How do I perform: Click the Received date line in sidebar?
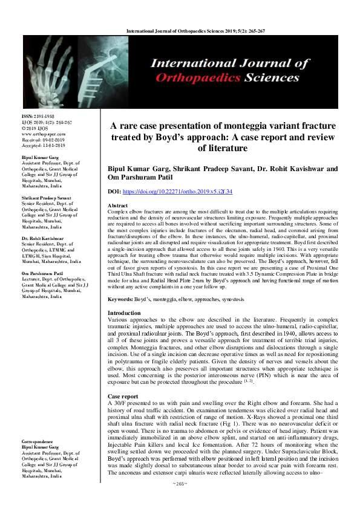(x=42, y=140)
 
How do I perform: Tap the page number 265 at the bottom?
(x=180, y=501)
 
